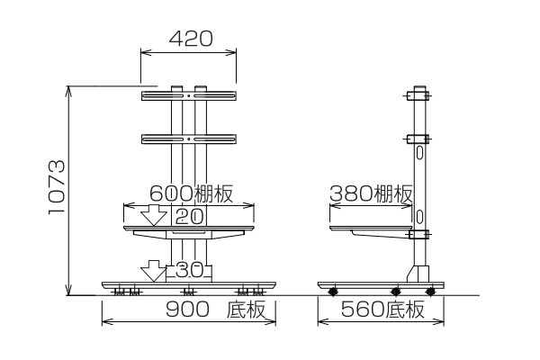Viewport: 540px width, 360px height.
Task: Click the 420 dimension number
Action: pos(191,39)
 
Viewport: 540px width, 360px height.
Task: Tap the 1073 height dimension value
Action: pos(57,187)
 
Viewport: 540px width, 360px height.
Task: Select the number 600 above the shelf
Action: pos(171,193)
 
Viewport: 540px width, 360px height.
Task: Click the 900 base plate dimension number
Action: pos(187,309)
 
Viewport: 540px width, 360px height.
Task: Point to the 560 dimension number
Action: pos(363,310)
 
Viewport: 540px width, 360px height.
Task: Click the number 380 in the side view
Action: pos(351,193)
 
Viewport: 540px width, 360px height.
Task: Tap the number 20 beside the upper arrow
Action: pos(189,217)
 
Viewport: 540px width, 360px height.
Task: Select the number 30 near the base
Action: pos(189,270)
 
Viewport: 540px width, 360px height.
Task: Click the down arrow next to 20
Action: pos(154,215)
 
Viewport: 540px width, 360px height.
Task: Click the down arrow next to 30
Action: pos(154,271)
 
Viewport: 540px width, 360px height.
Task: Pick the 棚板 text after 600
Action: pos(214,193)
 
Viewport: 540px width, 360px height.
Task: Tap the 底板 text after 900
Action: pos(246,310)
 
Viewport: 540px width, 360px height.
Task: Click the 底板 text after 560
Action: pos(405,310)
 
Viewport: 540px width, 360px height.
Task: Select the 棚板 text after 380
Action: pos(393,193)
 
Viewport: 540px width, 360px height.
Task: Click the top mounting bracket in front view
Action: pos(189,95)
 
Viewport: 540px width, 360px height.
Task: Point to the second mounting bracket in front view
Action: pos(189,139)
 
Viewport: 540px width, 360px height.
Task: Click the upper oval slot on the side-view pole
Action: pos(419,153)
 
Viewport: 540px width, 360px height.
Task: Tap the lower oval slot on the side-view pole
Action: pos(419,217)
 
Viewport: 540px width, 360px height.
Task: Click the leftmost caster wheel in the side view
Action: pos(333,292)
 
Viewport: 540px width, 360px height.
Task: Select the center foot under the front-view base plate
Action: pos(188,292)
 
